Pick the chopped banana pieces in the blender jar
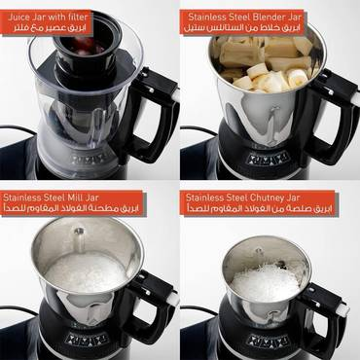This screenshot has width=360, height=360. click(263, 73)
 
